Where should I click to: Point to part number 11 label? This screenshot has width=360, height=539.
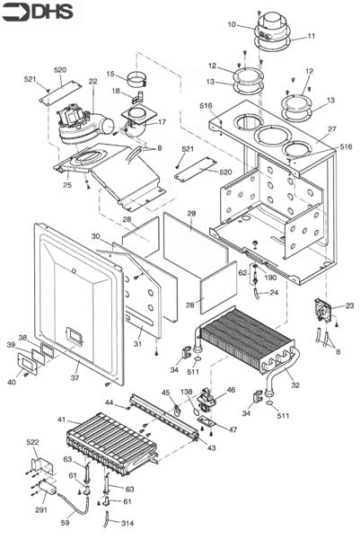coord(312,37)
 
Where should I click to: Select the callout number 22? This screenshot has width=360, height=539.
coord(92,82)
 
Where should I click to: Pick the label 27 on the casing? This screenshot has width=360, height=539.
coord(331,129)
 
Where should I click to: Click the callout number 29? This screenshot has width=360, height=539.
coord(191,212)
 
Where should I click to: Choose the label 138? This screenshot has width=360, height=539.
coord(186,393)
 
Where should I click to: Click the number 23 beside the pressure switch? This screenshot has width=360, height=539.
coord(349,306)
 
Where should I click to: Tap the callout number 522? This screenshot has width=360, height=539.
coord(32,444)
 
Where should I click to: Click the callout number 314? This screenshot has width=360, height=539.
coord(127,523)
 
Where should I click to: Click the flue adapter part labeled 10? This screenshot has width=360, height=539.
coord(270,27)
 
